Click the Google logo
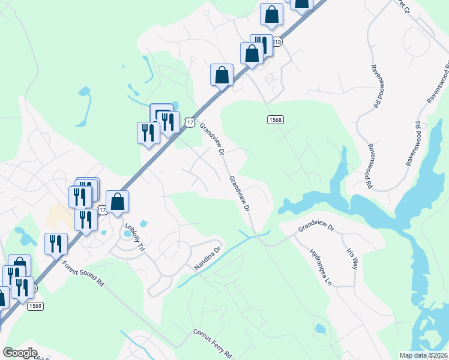(x=20, y=352)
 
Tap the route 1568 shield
(x=275, y=119)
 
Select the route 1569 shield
(x=34, y=306)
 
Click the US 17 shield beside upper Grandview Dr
(x=190, y=122)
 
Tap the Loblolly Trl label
(x=135, y=238)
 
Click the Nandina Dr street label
(x=208, y=256)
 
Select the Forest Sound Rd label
(x=83, y=273)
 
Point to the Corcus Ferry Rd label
(x=212, y=342)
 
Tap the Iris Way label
(x=352, y=259)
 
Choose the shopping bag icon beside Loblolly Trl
(x=118, y=203)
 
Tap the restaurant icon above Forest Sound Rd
(x=56, y=244)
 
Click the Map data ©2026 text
(x=424, y=355)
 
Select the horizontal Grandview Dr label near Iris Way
(x=316, y=227)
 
